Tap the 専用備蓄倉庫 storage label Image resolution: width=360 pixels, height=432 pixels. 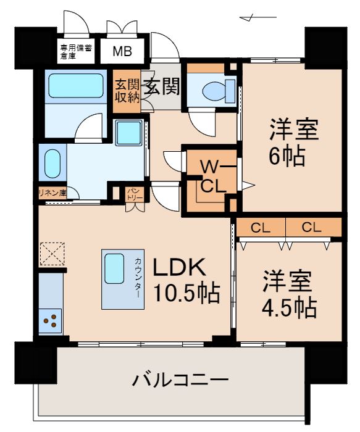(76, 51)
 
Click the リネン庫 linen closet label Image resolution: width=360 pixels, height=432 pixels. (52, 193)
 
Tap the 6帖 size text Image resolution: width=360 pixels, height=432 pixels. (287, 157)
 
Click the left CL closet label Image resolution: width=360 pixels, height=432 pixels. (260, 227)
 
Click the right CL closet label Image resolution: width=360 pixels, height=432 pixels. (312, 227)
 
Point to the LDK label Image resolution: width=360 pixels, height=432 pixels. (178, 267)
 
